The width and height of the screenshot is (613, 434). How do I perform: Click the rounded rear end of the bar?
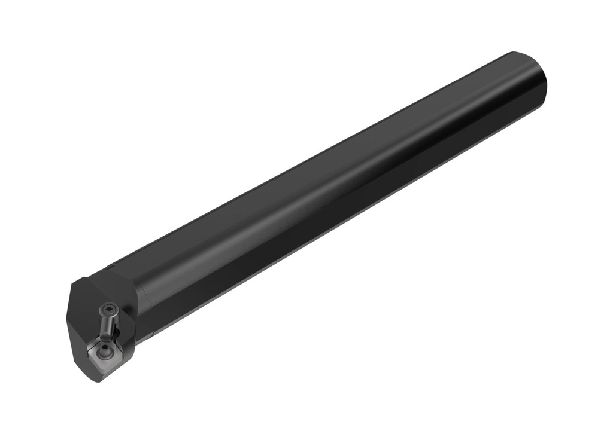(536, 84)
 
